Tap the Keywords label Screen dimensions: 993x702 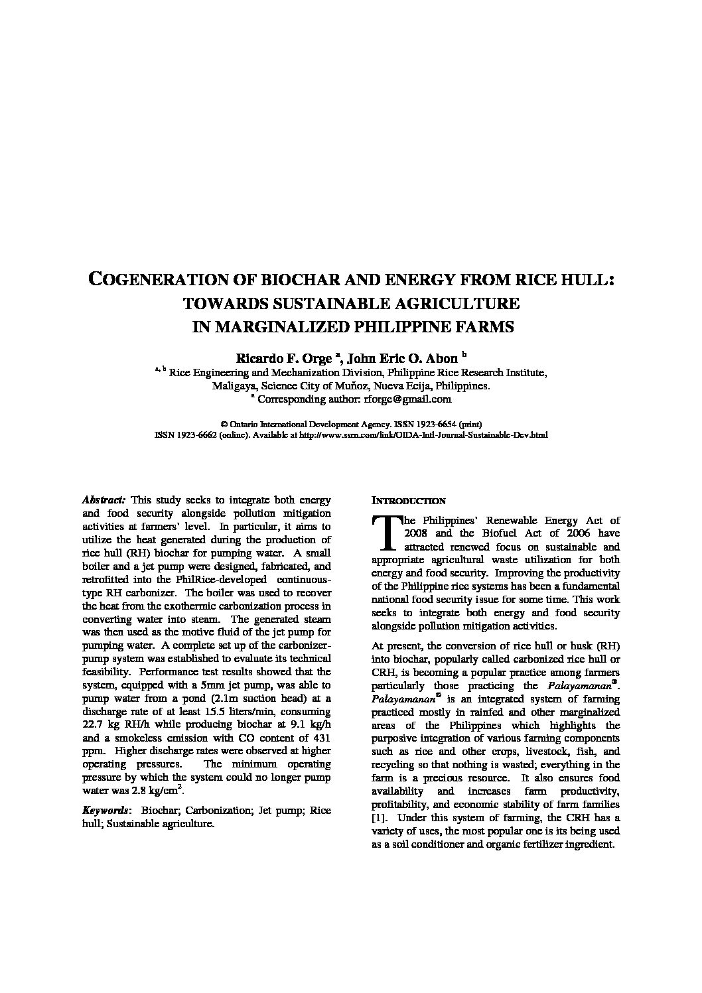pyautogui.click(x=105, y=811)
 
